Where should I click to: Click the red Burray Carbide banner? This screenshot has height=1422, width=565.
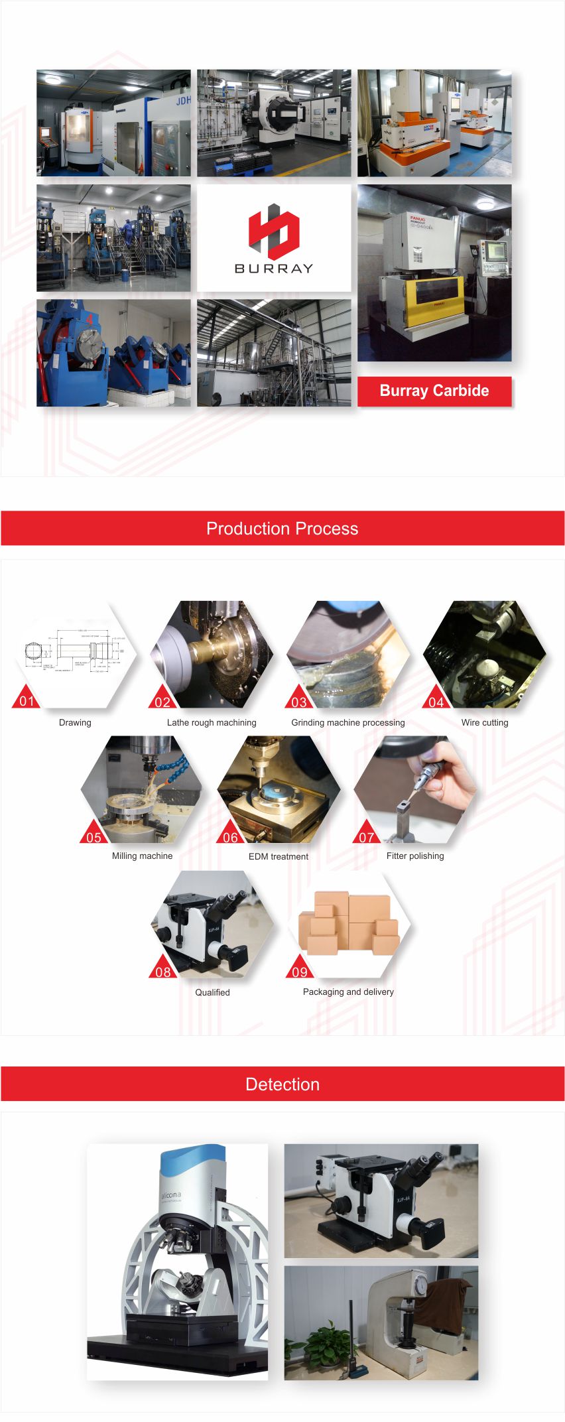[x=434, y=391]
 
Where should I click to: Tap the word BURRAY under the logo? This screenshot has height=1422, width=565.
[x=273, y=269]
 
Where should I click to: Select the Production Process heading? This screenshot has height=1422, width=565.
[x=282, y=529]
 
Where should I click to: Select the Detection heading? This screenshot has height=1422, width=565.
[x=282, y=1084]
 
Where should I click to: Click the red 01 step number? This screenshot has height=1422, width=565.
[x=27, y=701]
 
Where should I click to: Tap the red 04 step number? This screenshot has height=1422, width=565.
[x=436, y=702]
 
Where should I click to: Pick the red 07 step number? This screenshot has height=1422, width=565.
[x=367, y=837]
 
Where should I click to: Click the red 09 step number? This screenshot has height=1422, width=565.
[x=300, y=972]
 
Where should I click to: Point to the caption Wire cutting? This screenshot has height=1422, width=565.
[x=485, y=722]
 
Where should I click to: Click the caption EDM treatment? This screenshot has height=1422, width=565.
[x=279, y=856]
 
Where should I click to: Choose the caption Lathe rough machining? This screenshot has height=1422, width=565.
[x=212, y=722]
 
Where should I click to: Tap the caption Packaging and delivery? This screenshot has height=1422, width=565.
[x=348, y=992]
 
